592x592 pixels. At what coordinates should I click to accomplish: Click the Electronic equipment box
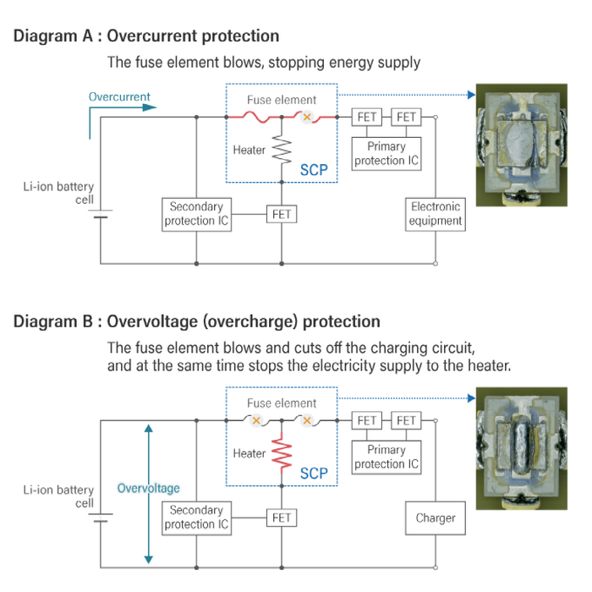(436, 214)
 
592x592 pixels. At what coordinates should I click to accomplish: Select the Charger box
(436, 518)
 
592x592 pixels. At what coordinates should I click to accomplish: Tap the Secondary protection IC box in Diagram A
(196, 214)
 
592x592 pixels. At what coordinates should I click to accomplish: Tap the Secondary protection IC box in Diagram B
(196, 518)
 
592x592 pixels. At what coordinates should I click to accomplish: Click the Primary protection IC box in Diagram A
(386, 154)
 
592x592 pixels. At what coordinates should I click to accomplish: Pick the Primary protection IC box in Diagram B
(386, 458)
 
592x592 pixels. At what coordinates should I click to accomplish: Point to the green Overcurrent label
(119, 97)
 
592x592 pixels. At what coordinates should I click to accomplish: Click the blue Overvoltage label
(148, 488)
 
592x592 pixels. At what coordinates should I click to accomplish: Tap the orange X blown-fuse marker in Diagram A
(308, 117)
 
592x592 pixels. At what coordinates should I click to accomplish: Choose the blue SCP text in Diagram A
(314, 170)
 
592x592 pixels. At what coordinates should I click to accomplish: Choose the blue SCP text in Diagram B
(314, 474)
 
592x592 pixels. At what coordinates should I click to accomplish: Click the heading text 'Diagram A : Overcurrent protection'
(146, 36)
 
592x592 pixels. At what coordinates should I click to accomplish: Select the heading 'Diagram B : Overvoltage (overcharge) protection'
(197, 322)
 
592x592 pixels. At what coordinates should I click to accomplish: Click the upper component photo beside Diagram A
(521, 145)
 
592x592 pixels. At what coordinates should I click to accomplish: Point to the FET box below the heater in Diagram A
(282, 214)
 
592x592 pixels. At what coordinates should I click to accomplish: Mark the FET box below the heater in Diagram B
(282, 518)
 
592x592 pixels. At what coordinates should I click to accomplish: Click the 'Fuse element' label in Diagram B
(282, 403)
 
